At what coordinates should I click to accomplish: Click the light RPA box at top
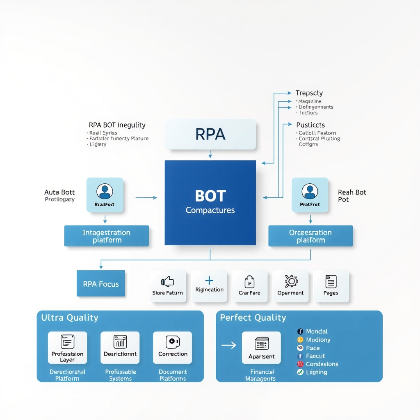click(x=210, y=134)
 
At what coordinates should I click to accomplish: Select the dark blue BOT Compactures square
click(x=210, y=203)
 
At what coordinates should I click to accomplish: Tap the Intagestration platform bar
click(x=107, y=236)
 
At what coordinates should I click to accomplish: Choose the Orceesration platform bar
click(x=310, y=236)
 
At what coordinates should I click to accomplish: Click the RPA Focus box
click(x=101, y=283)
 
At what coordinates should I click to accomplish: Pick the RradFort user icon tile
click(x=105, y=195)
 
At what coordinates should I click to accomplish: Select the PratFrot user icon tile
click(x=310, y=195)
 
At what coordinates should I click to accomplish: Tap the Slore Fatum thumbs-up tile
click(x=168, y=286)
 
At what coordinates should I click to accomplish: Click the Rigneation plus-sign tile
click(x=209, y=286)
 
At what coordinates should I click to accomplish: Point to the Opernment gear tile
click(x=291, y=286)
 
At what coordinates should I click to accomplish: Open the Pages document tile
click(x=331, y=286)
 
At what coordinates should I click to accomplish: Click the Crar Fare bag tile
click(x=249, y=286)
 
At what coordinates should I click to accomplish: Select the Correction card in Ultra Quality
click(x=173, y=347)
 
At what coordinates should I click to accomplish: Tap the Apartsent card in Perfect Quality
click(x=261, y=347)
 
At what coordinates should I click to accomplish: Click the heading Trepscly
click(x=309, y=93)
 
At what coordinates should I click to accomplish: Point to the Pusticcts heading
click(x=310, y=125)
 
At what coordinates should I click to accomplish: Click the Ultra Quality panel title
click(x=70, y=317)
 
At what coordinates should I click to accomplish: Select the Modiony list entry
click(x=318, y=340)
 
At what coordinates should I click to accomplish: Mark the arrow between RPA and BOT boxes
click(x=210, y=154)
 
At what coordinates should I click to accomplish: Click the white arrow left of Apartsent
click(x=229, y=345)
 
